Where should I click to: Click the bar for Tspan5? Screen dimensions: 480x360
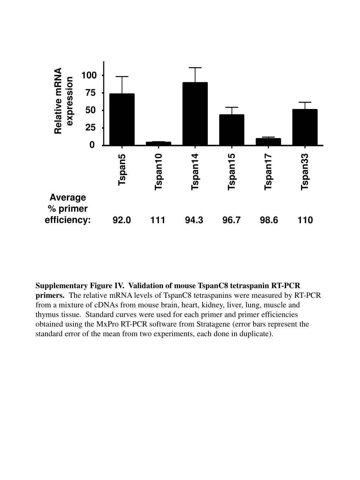(x=122, y=120)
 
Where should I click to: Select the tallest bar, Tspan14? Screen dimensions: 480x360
(x=195, y=114)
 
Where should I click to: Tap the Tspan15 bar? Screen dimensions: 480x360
(x=232, y=130)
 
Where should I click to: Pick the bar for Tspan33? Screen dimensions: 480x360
(x=305, y=127)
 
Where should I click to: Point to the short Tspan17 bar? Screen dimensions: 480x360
(x=268, y=142)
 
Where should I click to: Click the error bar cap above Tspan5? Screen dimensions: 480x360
(x=122, y=77)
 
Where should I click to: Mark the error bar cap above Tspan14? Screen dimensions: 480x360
(x=195, y=68)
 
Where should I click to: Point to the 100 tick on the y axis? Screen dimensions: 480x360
(x=89, y=75)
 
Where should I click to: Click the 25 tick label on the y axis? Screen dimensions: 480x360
(x=91, y=128)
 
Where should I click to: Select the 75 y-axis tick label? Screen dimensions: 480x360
(x=91, y=93)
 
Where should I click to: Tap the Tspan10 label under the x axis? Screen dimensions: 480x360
(x=159, y=172)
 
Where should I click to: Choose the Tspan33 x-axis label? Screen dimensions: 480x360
(x=305, y=172)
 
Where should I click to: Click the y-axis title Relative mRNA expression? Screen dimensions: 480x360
(x=64, y=101)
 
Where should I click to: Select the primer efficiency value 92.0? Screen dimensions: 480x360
(x=122, y=220)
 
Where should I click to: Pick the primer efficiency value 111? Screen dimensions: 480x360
(x=158, y=220)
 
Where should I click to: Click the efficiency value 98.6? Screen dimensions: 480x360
(x=269, y=220)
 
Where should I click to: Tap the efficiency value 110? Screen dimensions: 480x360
(x=305, y=220)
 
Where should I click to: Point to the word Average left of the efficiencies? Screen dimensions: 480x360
(x=68, y=198)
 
